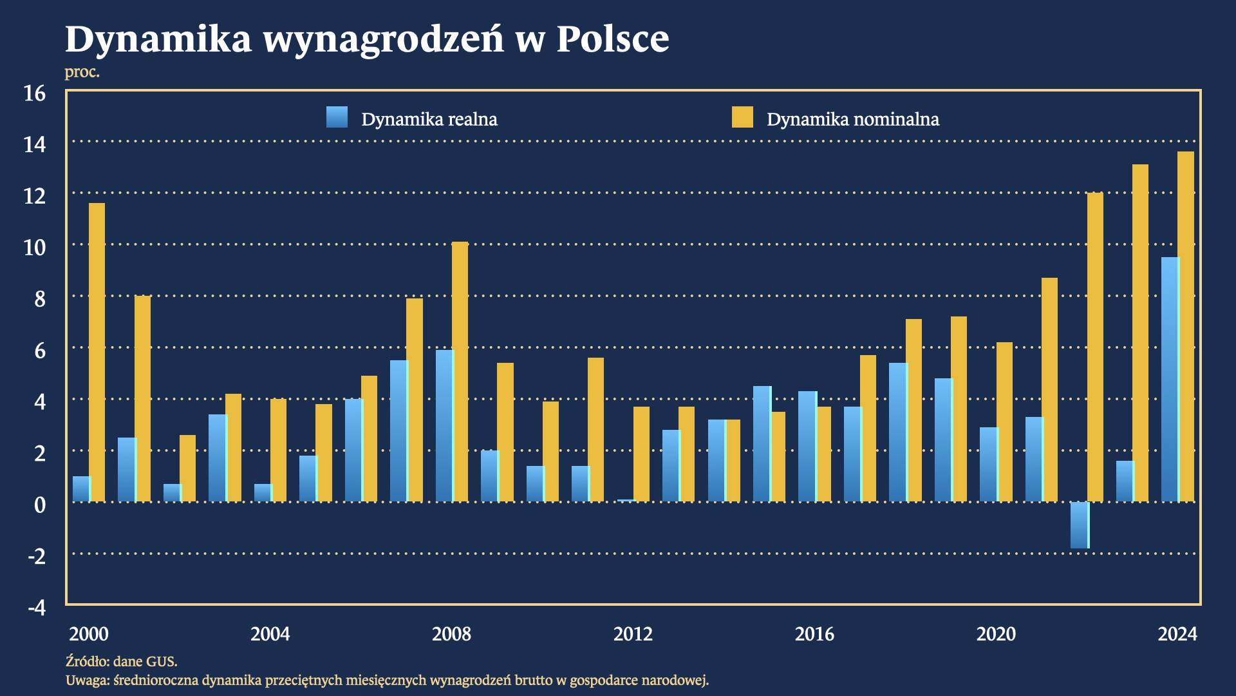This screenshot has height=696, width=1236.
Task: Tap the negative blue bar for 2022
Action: click(1079, 525)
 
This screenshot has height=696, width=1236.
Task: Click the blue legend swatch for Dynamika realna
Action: click(337, 117)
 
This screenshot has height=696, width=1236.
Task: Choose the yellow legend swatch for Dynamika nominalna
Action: click(742, 117)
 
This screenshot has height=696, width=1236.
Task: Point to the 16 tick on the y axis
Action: click(35, 93)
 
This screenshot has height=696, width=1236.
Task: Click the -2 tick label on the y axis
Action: click(37, 556)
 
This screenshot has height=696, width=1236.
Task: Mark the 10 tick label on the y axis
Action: click(35, 247)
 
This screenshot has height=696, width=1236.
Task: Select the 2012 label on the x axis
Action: click(633, 634)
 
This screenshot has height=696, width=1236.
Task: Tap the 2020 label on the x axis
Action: click(996, 634)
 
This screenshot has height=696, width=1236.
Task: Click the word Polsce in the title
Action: click(612, 39)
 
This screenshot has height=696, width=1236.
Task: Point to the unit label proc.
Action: click(82, 72)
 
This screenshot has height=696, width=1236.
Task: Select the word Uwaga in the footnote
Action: click(87, 680)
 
